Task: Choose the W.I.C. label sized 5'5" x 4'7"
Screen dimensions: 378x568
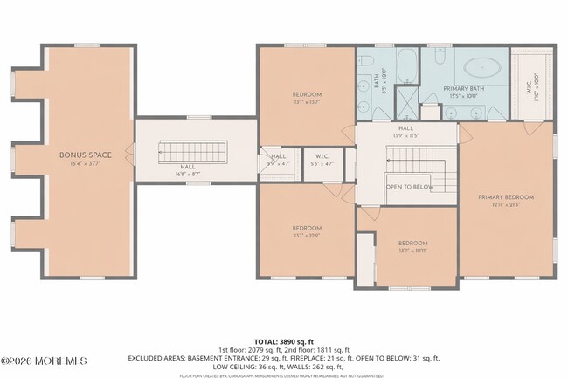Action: [x=322, y=160]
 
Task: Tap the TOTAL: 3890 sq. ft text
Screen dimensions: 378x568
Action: [x=284, y=340]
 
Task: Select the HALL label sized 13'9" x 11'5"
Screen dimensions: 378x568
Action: [x=405, y=131]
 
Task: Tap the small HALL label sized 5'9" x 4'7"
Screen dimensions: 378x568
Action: [x=278, y=159]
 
